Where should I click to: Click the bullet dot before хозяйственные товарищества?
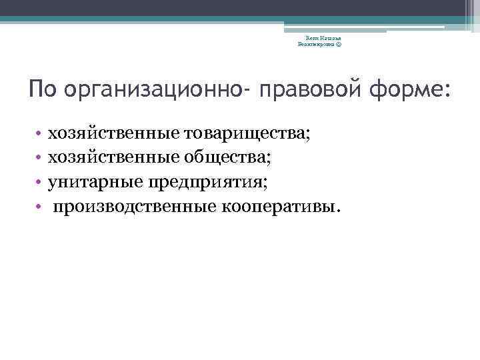pos(40,135)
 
